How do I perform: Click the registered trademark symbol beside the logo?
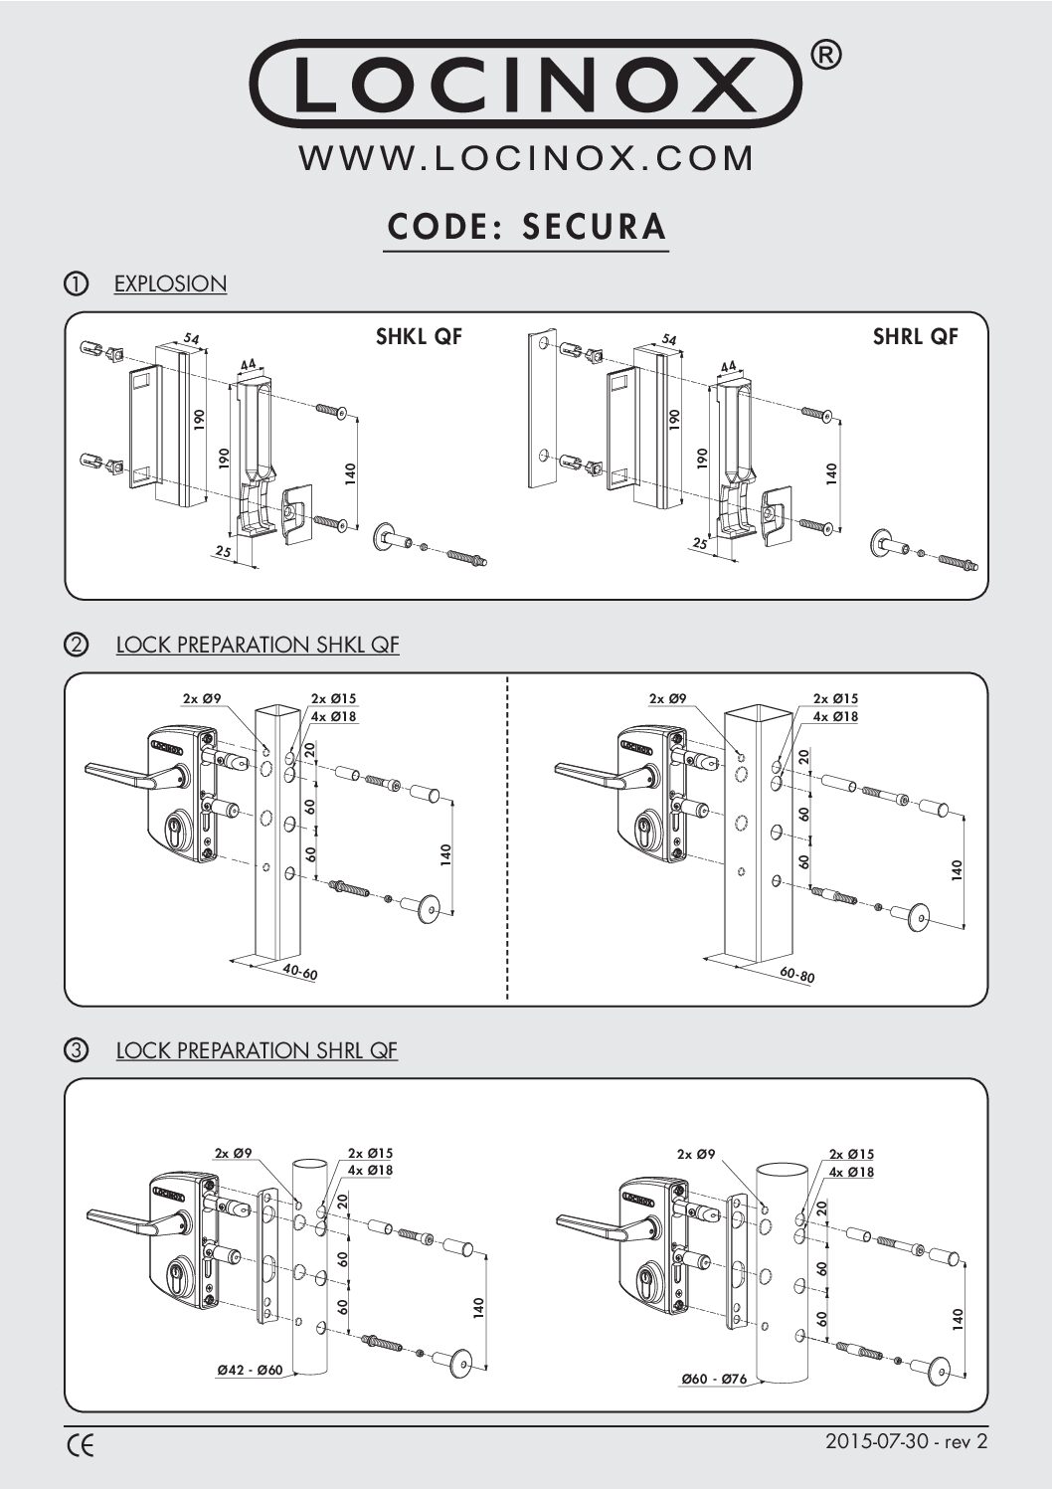pyautogui.click(x=827, y=57)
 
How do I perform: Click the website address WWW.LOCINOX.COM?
pyautogui.click(x=526, y=158)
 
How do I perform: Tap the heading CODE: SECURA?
pyautogui.click(x=526, y=227)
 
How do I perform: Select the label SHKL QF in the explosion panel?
pyautogui.click(x=419, y=337)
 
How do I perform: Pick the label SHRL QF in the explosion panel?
pyautogui.click(x=915, y=337)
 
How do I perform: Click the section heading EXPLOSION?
pyautogui.click(x=170, y=284)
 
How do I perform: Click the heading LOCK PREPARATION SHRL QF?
pyautogui.click(x=257, y=1050)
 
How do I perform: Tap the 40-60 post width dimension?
pyautogui.click(x=297, y=972)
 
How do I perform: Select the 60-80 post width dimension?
pyautogui.click(x=796, y=976)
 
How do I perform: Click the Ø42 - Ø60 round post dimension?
pyautogui.click(x=250, y=1370)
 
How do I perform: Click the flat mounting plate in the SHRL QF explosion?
pyautogui.click(x=544, y=408)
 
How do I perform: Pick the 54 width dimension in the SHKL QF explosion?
pyautogui.click(x=191, y=340)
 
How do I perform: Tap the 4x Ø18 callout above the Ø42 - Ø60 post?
pyautogui.click(x=371, y=1171)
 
